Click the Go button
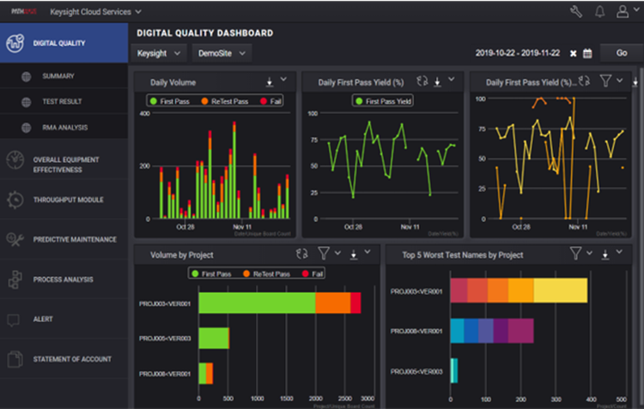(621, 53)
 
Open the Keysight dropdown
(161, 53)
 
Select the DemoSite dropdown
(221, 53)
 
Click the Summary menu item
(58, 76)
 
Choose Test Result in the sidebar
(62, 102)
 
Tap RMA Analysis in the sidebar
(65, 128)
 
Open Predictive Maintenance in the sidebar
(75, 239)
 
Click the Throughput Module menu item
(68, 200)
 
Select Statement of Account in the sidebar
(72, 359)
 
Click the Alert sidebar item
(43, 319)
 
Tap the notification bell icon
(598, 12)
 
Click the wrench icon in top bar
(575, 12)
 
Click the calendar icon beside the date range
(587, 53)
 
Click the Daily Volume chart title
(173, 82)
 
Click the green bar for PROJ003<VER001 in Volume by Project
(257, 303)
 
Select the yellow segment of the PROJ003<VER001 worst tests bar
(561, 291)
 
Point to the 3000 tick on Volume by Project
(367, 399)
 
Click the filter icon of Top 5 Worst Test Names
(576, 254)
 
